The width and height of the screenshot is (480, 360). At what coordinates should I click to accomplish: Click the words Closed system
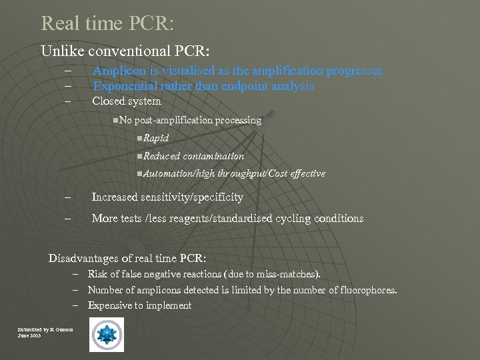pyautogui.click(x=127, y=101)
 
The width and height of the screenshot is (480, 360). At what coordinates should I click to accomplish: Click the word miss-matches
pyautogui.click(x=288, y=274)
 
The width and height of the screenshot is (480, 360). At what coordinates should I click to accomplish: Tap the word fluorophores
pyautogui.click(x=365, y=290)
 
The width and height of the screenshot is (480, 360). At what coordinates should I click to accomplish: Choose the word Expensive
pyautogui.click(x=111, y=305)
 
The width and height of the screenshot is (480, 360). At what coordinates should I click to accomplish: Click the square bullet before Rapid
pyautogui.click(x=137, y=138)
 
